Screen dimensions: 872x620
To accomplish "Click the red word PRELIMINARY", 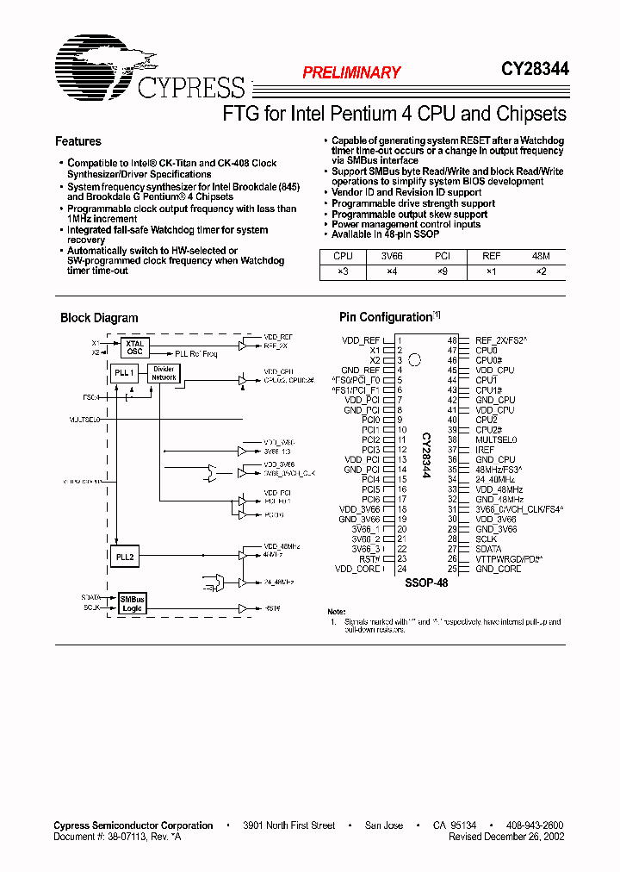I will [x=351, y=73].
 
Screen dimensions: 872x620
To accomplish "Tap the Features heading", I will [x=78, y=141].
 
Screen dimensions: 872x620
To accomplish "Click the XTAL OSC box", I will [x=133, y=346].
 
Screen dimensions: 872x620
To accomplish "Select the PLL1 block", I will [x=124, y=372].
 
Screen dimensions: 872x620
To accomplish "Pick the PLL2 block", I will [x=125, y=557].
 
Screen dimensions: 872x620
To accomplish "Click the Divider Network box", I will [x=164, y=373].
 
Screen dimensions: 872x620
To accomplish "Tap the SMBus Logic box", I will [x=132, y=603].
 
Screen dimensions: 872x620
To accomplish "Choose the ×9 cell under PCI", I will [x=442, y=271].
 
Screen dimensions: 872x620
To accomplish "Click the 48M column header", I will [x=541, y=256].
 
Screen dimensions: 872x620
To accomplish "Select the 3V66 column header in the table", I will [x=393, y=256].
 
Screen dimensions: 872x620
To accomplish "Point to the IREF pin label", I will [x=486, y=450].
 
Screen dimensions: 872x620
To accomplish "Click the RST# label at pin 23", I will [x=370, y=558].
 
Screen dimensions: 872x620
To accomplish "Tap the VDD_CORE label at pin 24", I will [x=357, y=569].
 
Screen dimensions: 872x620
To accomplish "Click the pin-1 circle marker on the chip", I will [x=414, y=359].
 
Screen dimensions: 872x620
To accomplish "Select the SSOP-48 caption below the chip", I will [x=426, y=583].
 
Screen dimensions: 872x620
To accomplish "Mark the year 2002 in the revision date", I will [x=552, y=837].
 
